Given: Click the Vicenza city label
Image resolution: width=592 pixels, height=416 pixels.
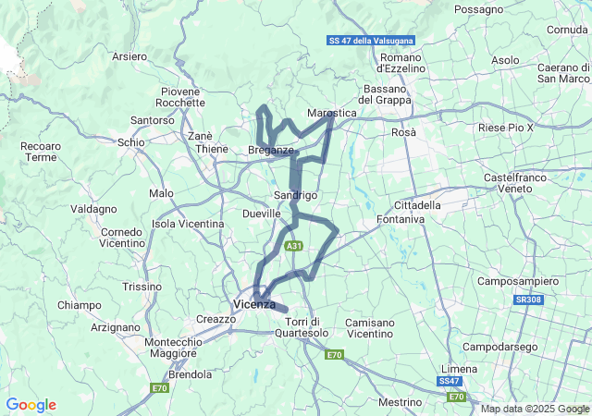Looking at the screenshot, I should click(253, 304).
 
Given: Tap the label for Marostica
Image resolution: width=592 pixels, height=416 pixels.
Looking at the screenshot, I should click(331, 113).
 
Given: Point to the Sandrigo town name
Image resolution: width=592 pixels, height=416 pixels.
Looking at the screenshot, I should click(296, 195).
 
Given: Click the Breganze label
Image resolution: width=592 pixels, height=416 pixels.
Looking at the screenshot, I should click(271, 150).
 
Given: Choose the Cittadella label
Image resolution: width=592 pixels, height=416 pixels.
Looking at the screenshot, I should click(417, 204).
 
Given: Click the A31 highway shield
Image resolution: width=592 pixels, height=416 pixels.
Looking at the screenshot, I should click(293, 246).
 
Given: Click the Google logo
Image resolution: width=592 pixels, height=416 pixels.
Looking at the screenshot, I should click(31, 405).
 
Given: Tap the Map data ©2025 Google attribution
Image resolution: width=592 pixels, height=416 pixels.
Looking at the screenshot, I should click(535, 409).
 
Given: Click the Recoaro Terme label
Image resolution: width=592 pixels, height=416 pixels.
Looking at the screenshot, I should click(42, 152).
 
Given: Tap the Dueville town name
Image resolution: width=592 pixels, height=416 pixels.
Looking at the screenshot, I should click(261, 214).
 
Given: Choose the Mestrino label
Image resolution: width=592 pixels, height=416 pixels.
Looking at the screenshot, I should click(401, 402).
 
